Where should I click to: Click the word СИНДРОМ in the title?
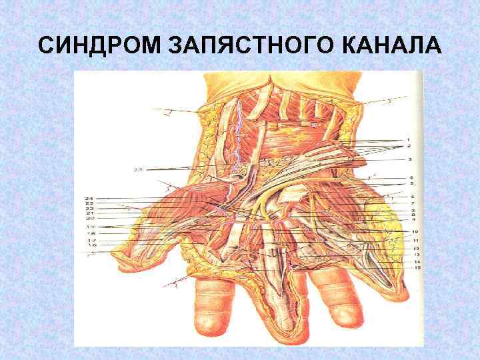pyautogui.click(x=98, y=46)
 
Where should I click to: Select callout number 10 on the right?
pyautogui.click(x=414, y=232)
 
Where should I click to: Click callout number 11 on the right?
pyautogui.click(x=415, y=240)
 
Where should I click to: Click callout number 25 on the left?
pyautogui.click(x=138, y=170)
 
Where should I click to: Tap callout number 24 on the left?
pyautogui.click(x=89, y=198)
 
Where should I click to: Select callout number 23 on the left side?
pyautogui.click(x=89, y=203)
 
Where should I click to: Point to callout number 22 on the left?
pyautogui.click(x=89, y=209)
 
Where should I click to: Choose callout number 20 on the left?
pyautogui.click(x=89, y=219)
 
